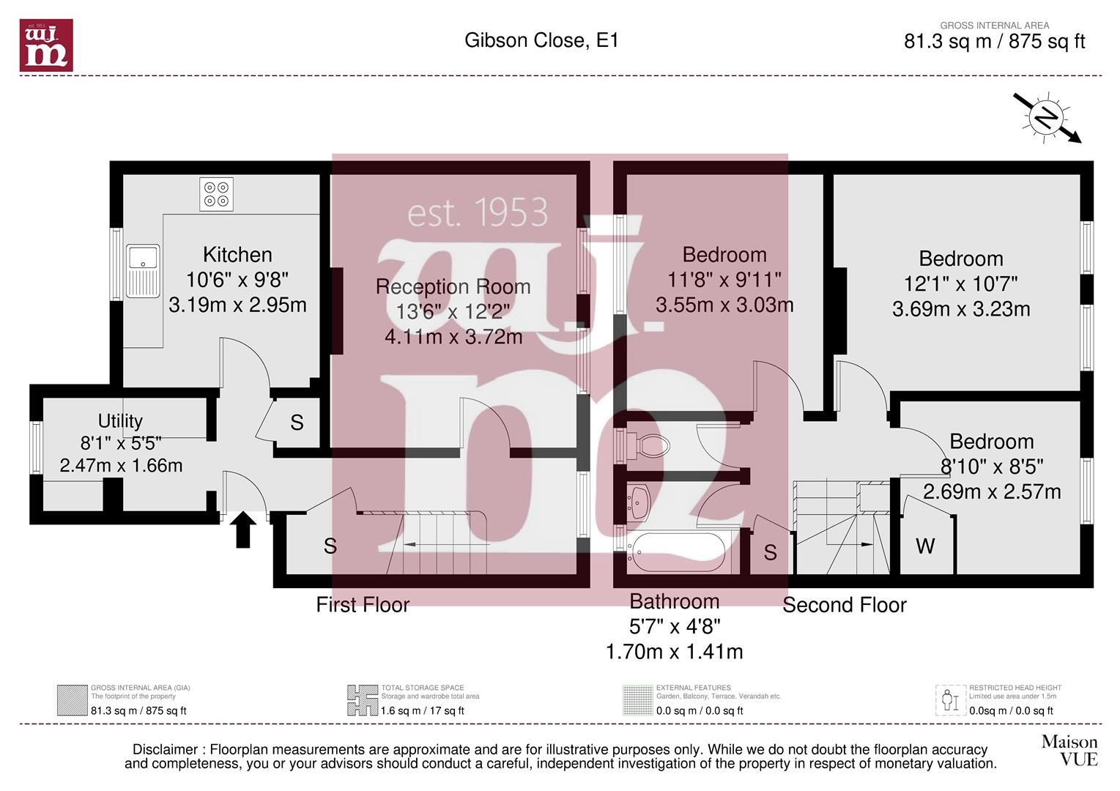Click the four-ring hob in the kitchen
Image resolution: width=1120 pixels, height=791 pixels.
point(216,194)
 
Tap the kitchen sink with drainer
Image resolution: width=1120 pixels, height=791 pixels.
point(143,270)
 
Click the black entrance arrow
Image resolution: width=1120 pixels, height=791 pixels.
point(243,530)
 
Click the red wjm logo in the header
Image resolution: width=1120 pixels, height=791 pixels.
point(46,45)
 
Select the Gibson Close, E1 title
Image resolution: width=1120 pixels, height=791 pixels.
point(541,40)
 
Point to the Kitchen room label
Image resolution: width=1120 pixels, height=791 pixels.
point(237,255)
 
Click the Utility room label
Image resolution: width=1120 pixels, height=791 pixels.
point(120,421)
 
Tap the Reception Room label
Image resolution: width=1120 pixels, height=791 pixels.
point(453,286)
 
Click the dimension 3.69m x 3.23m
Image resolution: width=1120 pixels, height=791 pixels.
point(961,309)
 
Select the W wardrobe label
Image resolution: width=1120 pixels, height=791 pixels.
point(925,546)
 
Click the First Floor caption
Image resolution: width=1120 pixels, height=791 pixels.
point(363,605)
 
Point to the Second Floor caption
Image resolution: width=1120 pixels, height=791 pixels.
point(845,605)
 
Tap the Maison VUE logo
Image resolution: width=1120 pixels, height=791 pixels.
point(1069,751)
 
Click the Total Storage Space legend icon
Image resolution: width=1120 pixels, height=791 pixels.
point(363,700)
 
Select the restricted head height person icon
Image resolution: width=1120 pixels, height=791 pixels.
point(950,700)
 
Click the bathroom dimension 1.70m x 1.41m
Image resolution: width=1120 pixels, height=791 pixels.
point(674,652)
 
